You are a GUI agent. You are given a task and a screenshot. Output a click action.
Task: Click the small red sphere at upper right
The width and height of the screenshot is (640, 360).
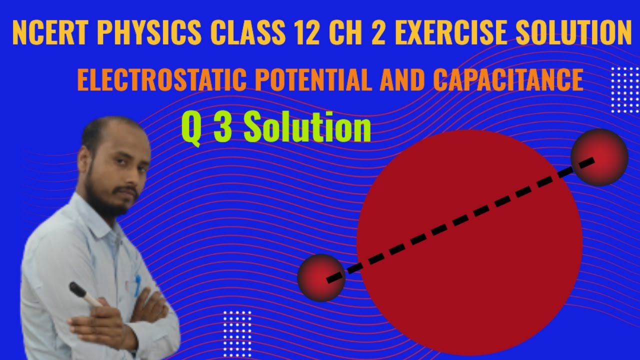pyautogui.click(x=599, y=157)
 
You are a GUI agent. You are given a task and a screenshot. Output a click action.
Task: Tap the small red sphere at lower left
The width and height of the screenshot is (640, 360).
pyautogui.click(x=321, y=277)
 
